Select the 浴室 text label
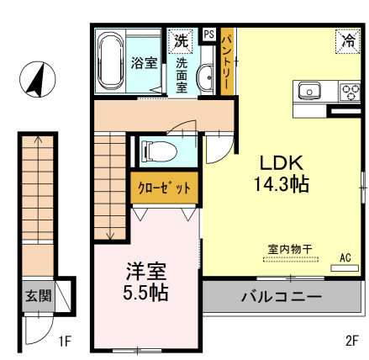point(145,63)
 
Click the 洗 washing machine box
point(181,40)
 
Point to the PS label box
point(208,34)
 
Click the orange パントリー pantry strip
point(229,64)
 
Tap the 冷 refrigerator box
point(346,40)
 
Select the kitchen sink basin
point(307,88)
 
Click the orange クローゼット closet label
point(164,187)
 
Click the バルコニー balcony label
point(281,296)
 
